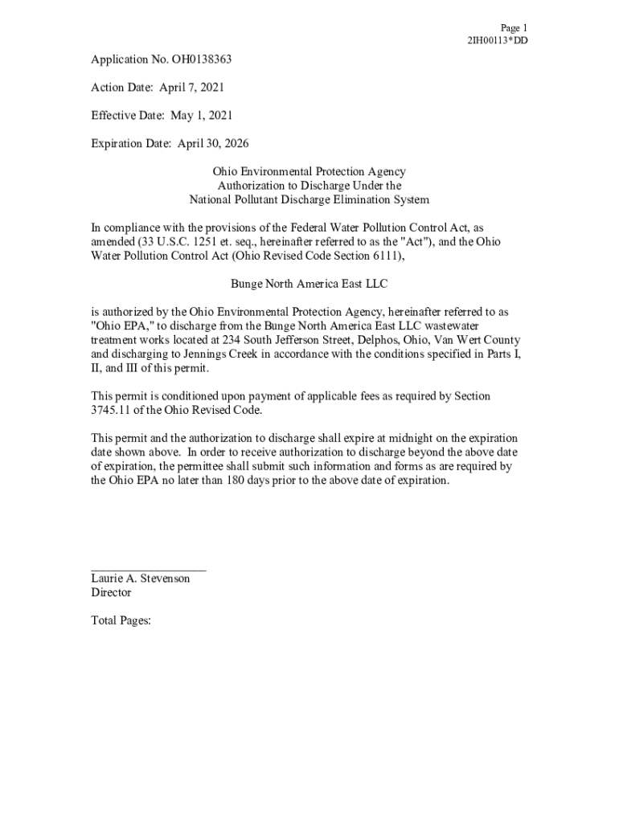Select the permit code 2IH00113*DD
click(498, 41)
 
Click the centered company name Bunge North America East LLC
click(309, 284)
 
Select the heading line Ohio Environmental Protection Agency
click(309, 172)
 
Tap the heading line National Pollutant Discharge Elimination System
click(309, 200)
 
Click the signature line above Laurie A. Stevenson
click(148, 569)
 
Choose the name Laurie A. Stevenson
click(141, 579)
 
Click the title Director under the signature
click(111, 593)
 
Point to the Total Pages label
click(121, 621)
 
